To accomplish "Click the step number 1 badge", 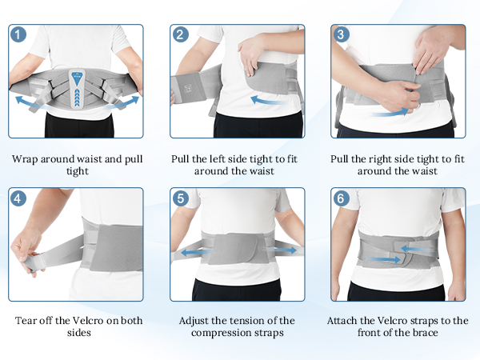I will pos(19,35).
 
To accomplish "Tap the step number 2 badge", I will pos(181,35).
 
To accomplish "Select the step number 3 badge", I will pos(342,35).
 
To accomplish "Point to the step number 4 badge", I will pos(19,198).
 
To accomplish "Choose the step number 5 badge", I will pos(181,198).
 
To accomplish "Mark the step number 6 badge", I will pos(342,198).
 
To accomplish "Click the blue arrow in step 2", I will pos(267,101).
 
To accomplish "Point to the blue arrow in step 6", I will pos(382,258).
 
